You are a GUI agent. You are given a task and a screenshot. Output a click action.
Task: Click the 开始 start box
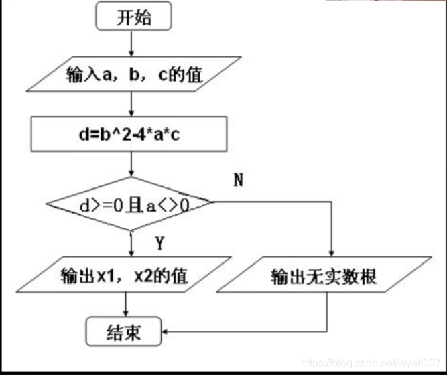coord(134,16)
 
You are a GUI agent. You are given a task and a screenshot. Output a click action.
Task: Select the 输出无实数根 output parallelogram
coord(324,275)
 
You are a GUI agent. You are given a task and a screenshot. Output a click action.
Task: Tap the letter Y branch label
coord(159,244)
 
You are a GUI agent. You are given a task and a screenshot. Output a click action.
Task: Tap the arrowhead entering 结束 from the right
coord(166,331)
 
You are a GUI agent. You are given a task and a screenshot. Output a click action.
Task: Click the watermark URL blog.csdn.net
coord(371,362)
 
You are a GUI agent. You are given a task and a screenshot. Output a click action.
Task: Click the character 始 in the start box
coord(143,17)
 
